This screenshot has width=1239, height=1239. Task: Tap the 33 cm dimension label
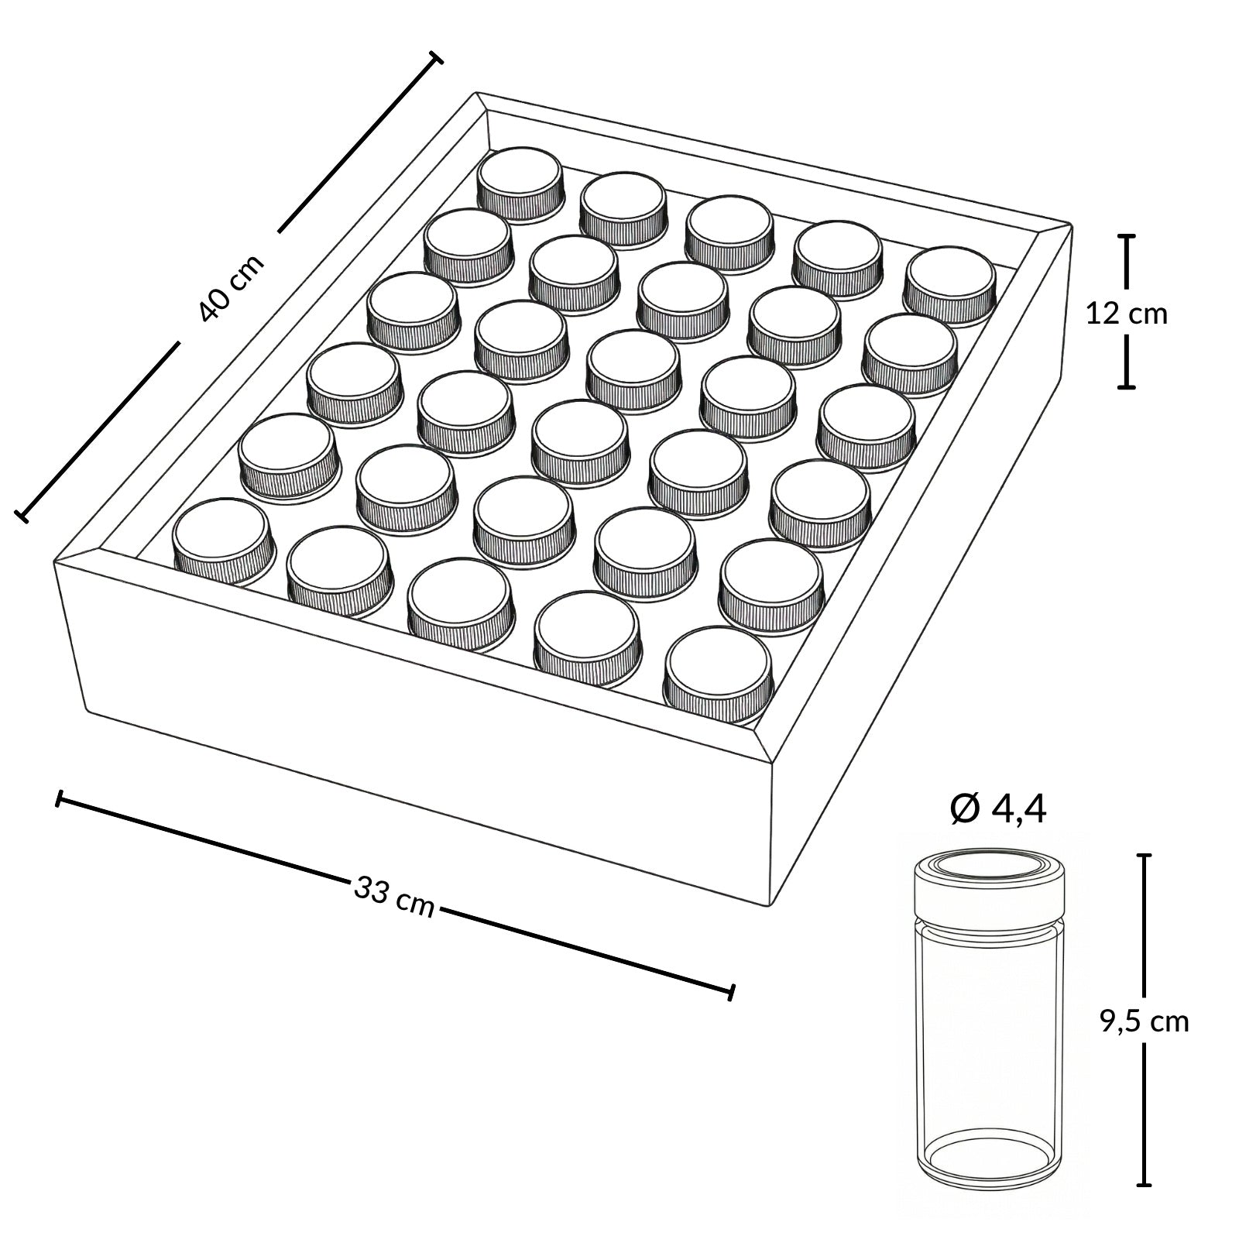pos(394,898)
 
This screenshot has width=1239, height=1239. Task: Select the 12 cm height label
pos(1127,314)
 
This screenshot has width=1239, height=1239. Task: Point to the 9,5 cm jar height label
pos(1144,1021)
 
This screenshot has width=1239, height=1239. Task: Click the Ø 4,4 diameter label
pos(998,810)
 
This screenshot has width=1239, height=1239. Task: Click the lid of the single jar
pos(990,883)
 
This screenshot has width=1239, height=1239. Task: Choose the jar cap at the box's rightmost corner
pos(951,283)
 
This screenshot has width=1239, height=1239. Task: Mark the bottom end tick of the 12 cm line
pos(1127,385)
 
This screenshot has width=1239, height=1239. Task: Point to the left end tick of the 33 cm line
pos(59,799)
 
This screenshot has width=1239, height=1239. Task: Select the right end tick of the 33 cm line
pos(732,992)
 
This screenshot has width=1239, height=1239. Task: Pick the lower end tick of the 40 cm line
pos(22,514)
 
